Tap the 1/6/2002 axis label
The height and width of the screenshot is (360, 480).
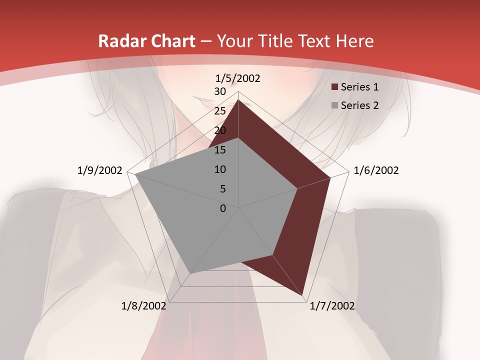tap(376, 170)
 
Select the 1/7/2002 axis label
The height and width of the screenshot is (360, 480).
tap(332, 306)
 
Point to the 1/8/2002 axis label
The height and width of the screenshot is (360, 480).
tap(144, 306)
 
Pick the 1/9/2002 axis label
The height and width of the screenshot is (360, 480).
tap(100, 170)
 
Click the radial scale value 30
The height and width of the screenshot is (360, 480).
tap(220, 91)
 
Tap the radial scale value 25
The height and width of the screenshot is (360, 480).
tap(220, 111)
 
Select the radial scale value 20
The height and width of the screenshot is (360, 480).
tap(220, 130)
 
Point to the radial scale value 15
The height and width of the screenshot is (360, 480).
tap(220, 150)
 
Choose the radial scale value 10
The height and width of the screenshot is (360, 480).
tap(220, 169)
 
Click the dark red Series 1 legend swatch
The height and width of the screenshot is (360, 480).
tap(335, 87)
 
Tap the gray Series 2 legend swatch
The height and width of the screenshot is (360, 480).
tap(335, 105)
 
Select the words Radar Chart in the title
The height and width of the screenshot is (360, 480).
tap(146, 41)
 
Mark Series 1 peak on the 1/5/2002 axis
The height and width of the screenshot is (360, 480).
tap(238, 100)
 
